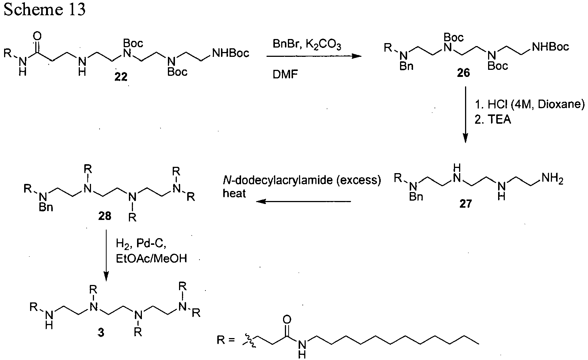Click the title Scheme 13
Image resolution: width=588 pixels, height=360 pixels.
[45, 9]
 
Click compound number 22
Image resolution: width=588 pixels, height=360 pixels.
[121, 77]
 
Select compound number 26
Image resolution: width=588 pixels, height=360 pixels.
[463, 73]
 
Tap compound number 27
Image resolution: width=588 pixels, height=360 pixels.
[466, 204]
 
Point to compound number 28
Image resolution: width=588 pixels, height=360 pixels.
[105, 216]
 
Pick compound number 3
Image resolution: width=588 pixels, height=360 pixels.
[101, 333]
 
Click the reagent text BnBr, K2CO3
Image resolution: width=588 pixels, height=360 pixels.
[307, 44]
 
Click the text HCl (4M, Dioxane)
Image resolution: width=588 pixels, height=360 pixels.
[536, 104]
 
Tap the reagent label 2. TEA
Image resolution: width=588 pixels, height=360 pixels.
[493, 120]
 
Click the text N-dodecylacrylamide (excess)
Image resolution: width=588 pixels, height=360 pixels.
[302, 181]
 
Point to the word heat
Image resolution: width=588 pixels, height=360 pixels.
[234, 194]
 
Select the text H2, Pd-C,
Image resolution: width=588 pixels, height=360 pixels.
[141, 244]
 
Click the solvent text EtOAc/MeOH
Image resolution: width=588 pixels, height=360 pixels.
[152, 259]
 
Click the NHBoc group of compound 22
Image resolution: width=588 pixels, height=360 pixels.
[231, 53]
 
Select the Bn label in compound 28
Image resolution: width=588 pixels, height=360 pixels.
[46, 207]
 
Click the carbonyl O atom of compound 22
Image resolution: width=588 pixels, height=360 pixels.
[38, 36]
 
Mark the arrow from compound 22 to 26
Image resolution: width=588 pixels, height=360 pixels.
[314, 56]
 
